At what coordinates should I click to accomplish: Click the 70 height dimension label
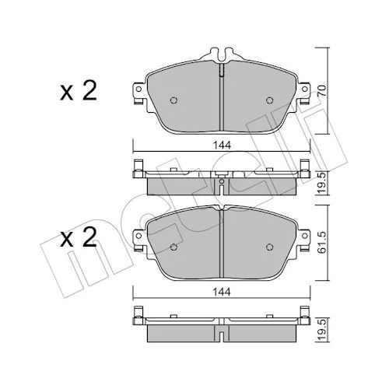(x=322, y=90)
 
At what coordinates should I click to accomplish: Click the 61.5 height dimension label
(x=322, y=243)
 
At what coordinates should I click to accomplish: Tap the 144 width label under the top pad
(x=222, y=145)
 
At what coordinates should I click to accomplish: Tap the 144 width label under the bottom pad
(x=222, y=293)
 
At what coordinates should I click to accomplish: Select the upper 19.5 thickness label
(x=322, y=184)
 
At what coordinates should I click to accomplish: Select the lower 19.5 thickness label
(x=322, y=331)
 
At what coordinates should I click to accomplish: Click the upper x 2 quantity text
(x=79, y=90)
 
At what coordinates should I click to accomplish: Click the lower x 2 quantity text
(x=79, y=237)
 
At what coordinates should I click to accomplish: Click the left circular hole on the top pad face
(x=173, y=100)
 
